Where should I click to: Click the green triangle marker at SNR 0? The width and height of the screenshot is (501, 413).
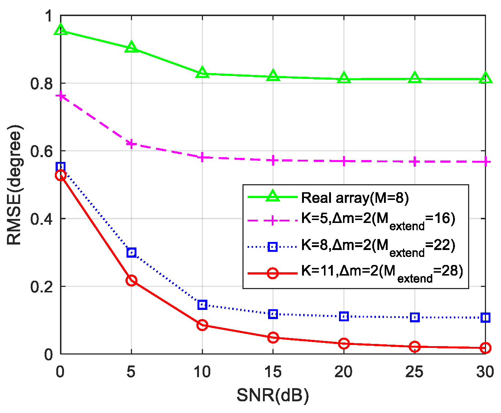click(61, 30)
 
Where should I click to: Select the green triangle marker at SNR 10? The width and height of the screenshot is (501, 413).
click(202, 73)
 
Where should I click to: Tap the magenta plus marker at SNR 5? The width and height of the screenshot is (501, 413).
click(131, 144)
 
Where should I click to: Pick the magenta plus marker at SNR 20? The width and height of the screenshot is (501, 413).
click(344, 161)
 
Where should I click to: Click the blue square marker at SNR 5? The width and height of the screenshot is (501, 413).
click(131, 252)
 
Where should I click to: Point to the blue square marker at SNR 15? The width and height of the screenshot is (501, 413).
click(273, 314)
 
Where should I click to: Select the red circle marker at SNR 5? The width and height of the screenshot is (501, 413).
click(131, 281)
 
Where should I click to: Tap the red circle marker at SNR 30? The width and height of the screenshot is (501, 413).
click(485, 348)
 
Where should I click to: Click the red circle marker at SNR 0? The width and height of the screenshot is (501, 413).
click(61, 175)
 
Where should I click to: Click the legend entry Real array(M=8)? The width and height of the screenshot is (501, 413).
click(355, 198)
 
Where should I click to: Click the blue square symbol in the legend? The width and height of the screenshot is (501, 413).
click(272, 247)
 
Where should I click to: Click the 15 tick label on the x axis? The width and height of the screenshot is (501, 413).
click(273, 372)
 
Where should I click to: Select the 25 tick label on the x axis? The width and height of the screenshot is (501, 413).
click(414, 372)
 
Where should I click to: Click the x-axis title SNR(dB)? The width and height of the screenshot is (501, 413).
click(273, 396)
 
